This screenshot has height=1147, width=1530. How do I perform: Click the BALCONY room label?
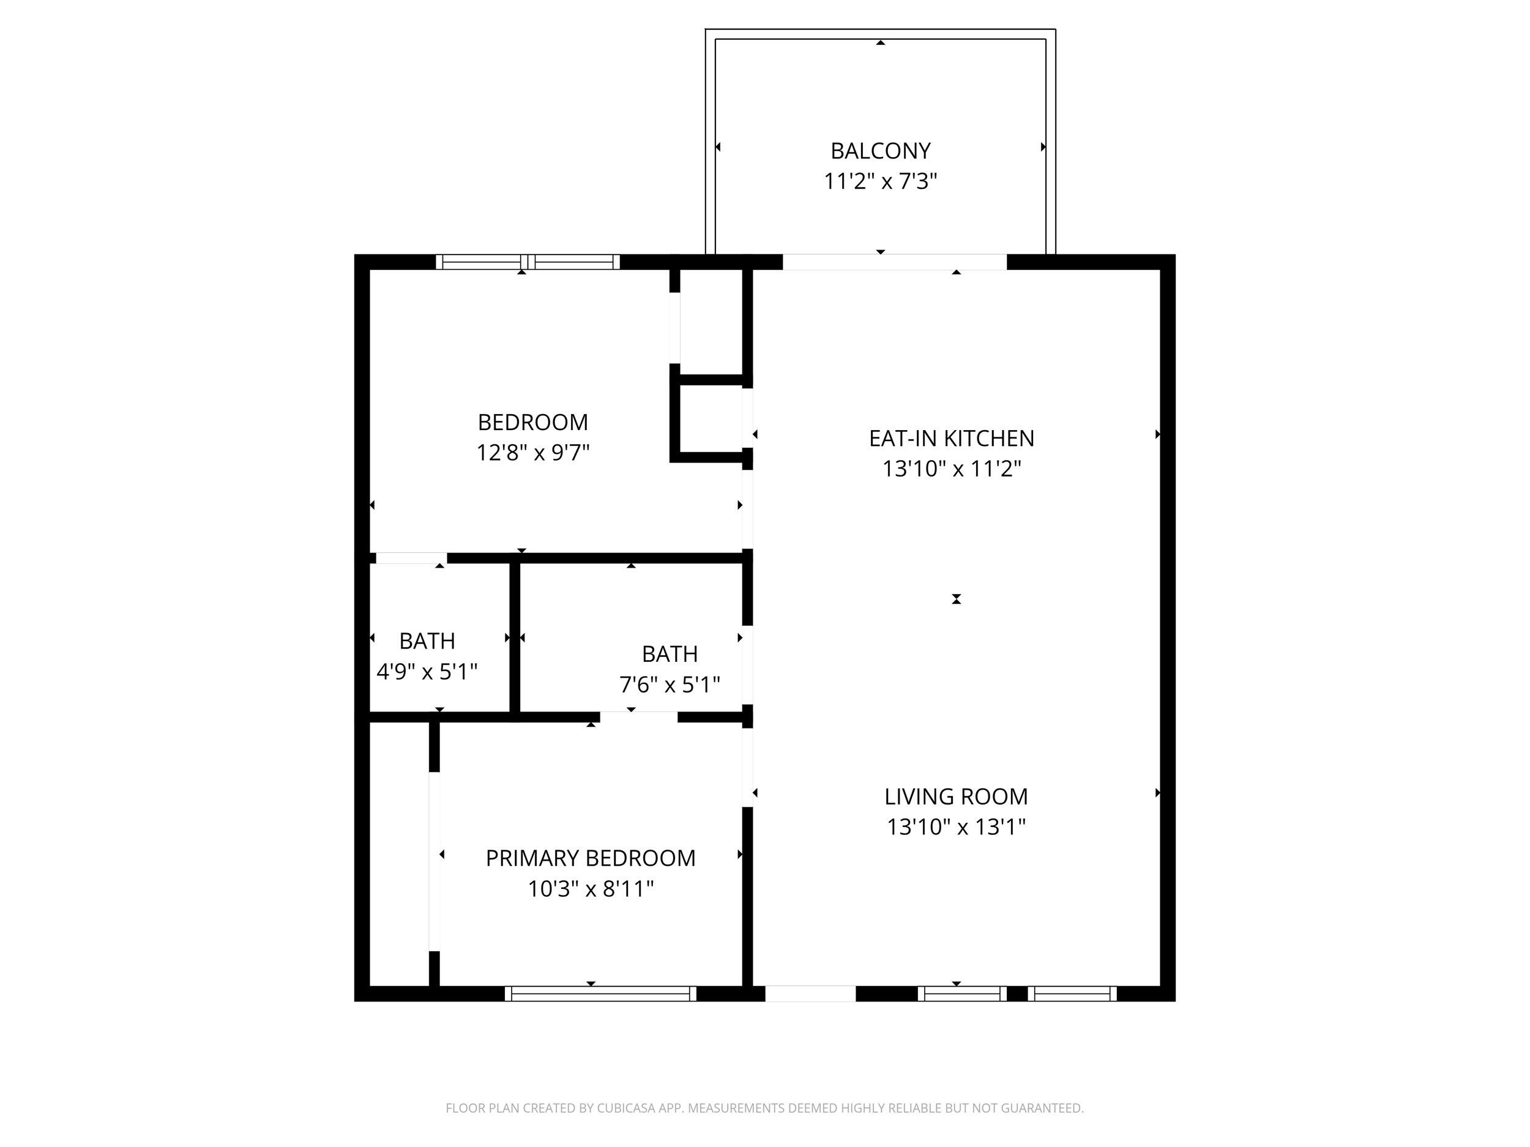[880, 150]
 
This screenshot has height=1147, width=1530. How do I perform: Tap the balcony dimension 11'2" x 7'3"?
[880, 181]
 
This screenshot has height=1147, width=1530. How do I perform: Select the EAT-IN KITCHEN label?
[951, 439]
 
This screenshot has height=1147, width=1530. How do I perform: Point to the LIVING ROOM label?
[955, 796]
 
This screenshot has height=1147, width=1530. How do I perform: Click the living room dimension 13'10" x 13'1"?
[955, 827]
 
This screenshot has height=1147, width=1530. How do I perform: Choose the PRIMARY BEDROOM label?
[590, 858]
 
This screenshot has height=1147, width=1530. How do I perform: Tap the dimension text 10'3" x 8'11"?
[590, 888]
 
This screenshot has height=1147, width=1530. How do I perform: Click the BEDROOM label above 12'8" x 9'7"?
[532, 421]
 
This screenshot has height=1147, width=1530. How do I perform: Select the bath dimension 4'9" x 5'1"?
[427, 671]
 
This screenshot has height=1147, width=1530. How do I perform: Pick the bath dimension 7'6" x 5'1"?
[669, 685]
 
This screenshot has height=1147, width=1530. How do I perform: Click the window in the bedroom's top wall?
[528, 262]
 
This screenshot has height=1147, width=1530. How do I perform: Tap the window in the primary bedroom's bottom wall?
[600, 993]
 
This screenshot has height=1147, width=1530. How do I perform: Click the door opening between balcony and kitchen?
[894, 262]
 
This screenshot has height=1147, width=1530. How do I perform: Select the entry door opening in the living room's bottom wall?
[810, 993]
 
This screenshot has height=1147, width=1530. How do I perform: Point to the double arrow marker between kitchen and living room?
[956, 599]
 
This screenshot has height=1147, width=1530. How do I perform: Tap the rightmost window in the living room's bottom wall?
[1072, 993]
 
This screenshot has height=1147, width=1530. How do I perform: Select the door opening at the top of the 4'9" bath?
[410, 558]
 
